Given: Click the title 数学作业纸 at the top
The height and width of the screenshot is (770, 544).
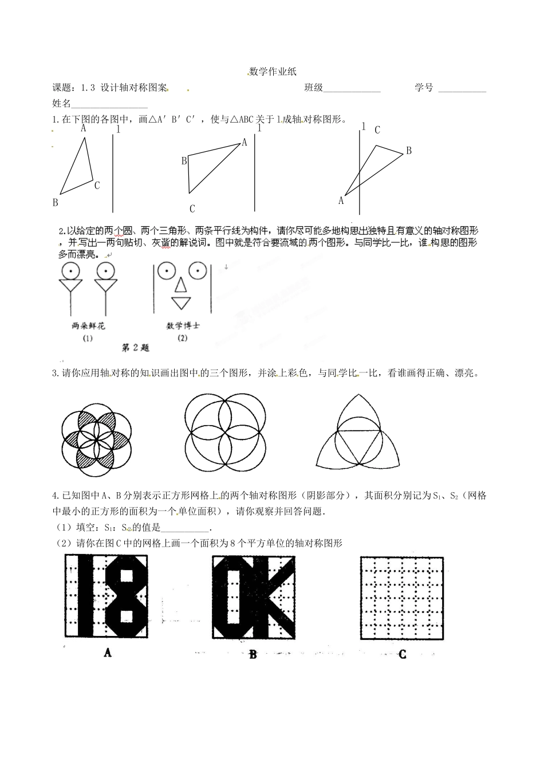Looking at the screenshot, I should [273, 72].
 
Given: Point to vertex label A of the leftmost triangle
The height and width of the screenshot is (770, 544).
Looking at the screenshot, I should [84, 128].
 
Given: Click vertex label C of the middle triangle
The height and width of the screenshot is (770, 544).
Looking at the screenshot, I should [192, 209].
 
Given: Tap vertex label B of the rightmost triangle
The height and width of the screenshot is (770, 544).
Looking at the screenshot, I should [409, 151].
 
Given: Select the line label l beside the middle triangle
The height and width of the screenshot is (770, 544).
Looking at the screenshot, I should [259, 128].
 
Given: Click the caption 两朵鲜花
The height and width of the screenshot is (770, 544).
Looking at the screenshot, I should [89, 326].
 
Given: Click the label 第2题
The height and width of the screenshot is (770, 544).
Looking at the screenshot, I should [136, 347].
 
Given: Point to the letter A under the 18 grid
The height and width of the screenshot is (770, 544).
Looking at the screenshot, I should [107, 652].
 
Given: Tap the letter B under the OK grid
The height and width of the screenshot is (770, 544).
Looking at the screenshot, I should [253, 654].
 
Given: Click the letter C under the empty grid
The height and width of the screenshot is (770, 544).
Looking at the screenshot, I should [402, 654].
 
